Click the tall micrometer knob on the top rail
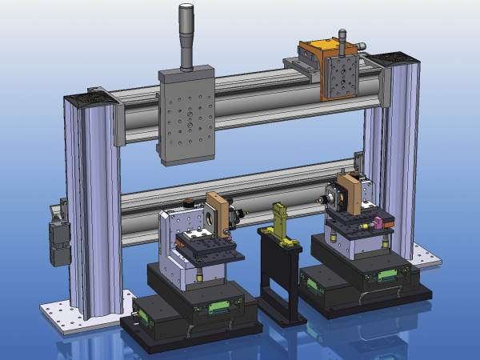pos(186,36)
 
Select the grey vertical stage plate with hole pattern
pos(186,116)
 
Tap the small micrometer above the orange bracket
pos(343,40)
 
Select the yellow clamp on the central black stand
pos(281,221)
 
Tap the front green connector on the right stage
pos(388,277)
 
